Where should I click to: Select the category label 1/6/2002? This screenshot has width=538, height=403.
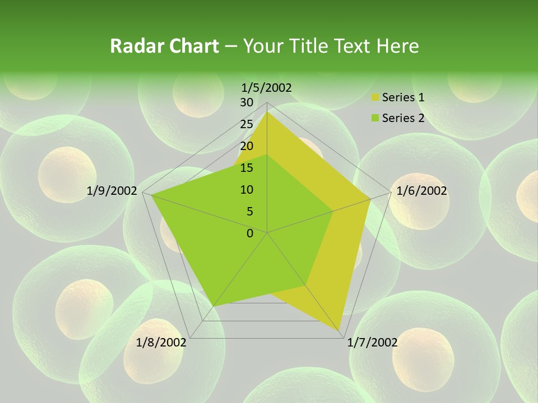tap(421, 191)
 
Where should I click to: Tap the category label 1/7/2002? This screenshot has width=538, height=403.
tap(373, 343)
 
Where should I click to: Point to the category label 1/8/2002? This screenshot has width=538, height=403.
tap(161, 343)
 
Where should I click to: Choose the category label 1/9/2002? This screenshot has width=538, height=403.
tap(112, 191)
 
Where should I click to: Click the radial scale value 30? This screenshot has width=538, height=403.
tap(247, 102)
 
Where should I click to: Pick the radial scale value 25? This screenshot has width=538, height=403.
tap(247, 124)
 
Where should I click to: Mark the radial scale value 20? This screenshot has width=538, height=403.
tap(247, 146)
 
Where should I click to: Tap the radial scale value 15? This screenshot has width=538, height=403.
tap(247, 168)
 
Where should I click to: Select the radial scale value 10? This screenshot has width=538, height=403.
tap(247, 190)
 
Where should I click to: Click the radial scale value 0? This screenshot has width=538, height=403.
tap(250, 233)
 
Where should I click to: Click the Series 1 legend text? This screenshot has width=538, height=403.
tap(403, 97)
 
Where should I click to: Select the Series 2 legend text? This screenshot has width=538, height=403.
tap(403, 118)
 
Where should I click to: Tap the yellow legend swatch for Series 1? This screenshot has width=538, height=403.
tap(375, 98)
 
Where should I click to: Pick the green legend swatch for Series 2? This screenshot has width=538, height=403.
tap(375, 119)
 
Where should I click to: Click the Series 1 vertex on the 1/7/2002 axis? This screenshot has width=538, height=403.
tap(340, 332)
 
